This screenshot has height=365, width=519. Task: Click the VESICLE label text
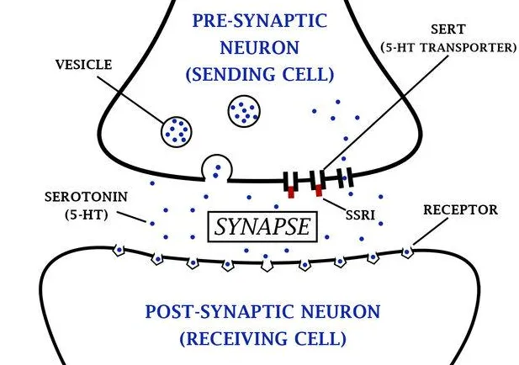click(x=83, y=65)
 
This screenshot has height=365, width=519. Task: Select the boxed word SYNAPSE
click(x=262, y=227)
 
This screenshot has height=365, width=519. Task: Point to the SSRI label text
click(x=361, y=215)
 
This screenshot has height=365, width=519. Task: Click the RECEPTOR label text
click(x=460, y=209)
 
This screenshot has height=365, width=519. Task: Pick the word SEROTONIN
click(x=86, y=197)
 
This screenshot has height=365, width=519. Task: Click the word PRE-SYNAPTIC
click(x=260, y=20)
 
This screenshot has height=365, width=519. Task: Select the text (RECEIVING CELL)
click(x=262, y=339)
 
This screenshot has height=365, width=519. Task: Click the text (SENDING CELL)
click(x=260, y=74)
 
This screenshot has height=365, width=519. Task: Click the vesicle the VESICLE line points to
click(x=177, y=132)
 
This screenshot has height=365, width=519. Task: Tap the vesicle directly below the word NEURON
click(x=244, y=112)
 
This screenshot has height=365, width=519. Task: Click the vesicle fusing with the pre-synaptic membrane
click(x=217, y=168)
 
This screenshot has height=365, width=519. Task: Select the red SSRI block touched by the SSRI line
click(x=319, y=191)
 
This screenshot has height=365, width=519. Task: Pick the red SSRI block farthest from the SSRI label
click(x=291, y=192)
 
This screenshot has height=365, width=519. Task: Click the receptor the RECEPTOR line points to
click(x=407, y=252)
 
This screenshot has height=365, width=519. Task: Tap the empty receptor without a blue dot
click(x=267, y=266)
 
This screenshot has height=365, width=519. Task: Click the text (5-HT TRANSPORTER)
click(x=448, y=47)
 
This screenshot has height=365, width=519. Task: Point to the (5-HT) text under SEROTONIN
click(x=87, y=215)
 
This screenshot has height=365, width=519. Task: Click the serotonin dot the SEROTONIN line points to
click(x=152, y=224)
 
